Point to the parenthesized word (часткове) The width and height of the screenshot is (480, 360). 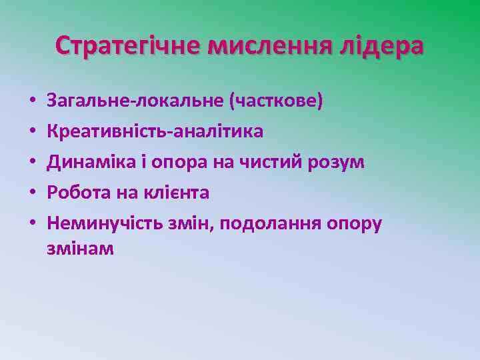275,101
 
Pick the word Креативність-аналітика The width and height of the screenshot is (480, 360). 155,131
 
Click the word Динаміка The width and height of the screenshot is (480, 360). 89,162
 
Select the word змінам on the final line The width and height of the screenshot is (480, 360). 80,249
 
